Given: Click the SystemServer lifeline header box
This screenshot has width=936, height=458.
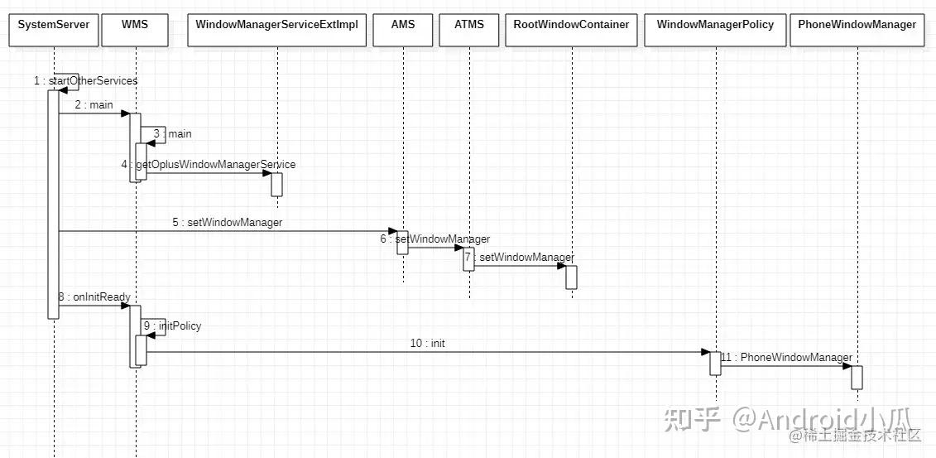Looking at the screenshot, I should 53,25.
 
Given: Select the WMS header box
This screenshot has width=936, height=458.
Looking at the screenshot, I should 134,25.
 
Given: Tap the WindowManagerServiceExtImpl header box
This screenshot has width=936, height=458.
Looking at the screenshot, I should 276,25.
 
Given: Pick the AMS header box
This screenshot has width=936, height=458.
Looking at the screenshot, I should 402,25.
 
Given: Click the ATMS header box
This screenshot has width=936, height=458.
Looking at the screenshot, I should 468,25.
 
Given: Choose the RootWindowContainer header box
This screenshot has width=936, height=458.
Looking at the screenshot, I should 571,25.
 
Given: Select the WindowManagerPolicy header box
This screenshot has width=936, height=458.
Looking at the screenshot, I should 715,25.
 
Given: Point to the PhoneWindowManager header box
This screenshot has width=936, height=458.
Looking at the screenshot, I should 857,25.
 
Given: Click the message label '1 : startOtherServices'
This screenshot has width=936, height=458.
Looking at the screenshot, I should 85,80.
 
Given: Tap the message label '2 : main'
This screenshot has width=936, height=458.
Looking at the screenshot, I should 94,105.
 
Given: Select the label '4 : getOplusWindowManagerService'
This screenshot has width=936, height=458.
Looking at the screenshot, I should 208,165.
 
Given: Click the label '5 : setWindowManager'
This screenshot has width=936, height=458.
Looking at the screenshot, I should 228,222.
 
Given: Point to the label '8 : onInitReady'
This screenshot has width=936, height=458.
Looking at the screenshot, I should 94,296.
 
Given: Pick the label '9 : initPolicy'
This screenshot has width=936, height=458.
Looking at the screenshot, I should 172,325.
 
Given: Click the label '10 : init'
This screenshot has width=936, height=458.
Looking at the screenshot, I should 427,343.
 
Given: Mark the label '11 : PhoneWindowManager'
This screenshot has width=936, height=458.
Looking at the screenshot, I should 786,358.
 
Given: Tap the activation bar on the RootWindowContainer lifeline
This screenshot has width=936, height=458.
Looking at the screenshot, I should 571,277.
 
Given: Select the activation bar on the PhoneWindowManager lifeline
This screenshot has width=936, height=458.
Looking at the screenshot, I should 857,377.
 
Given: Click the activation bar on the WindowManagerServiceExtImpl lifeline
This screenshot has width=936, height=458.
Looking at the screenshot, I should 276,184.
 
